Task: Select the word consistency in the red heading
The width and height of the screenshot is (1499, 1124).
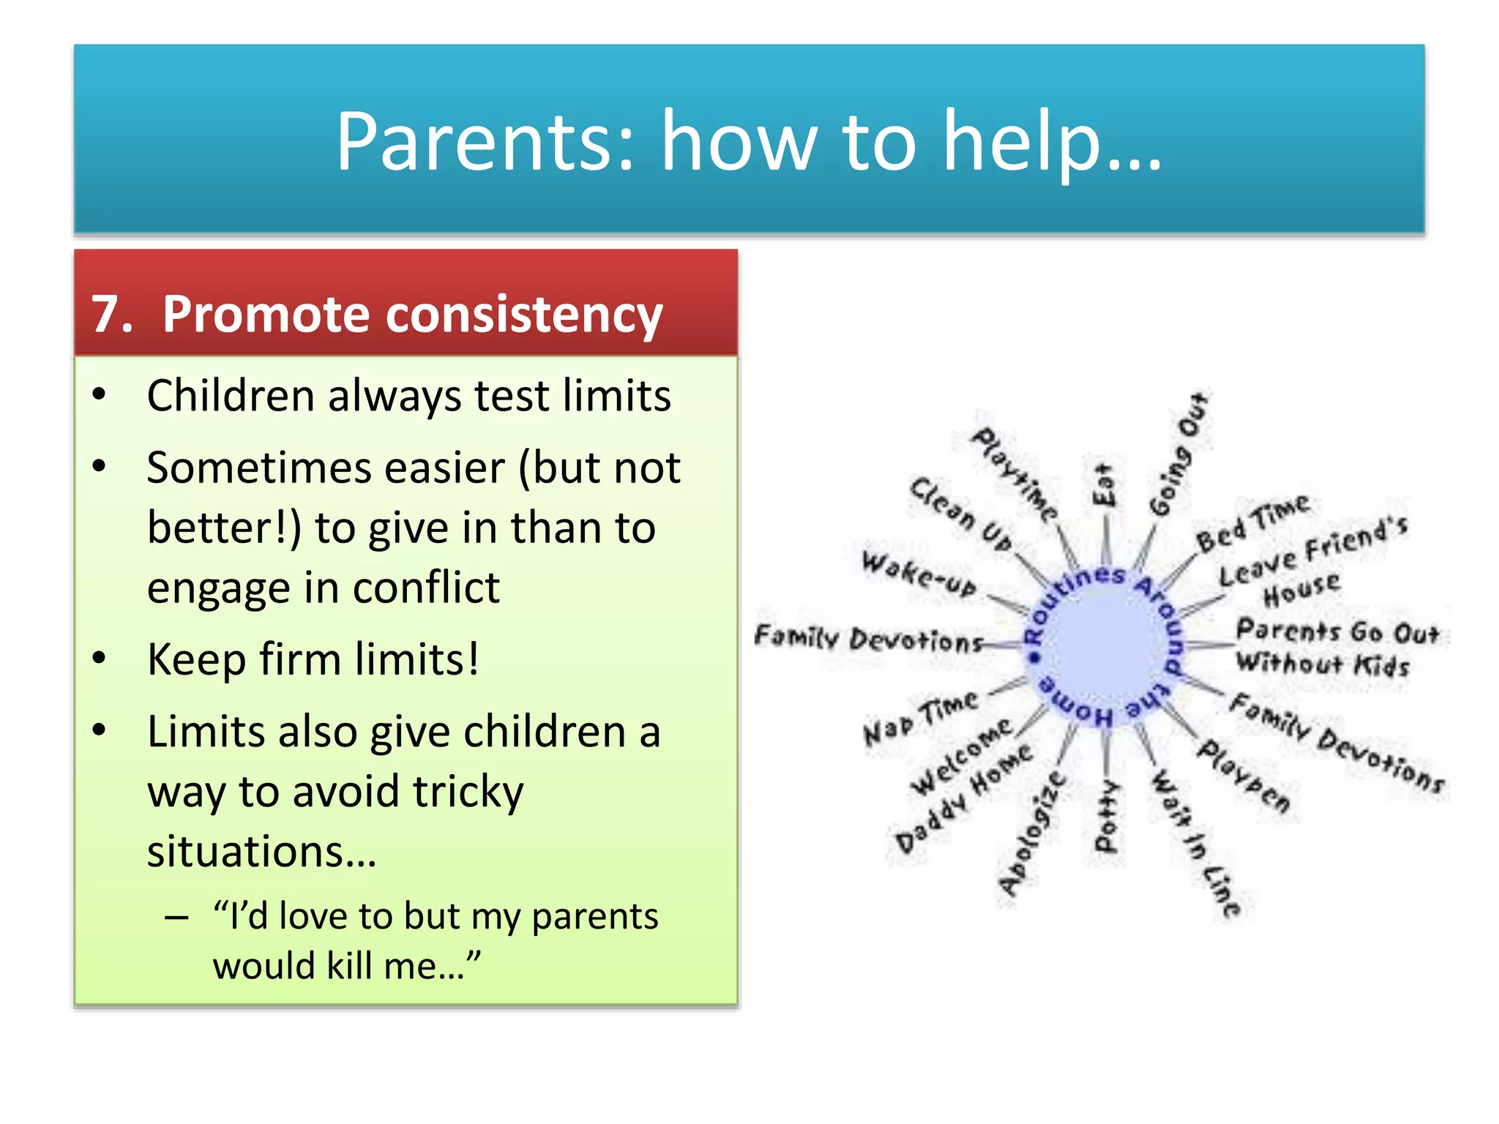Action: [x=523, y=315]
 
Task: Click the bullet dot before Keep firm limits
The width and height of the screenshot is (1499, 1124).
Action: [x=100, y=658]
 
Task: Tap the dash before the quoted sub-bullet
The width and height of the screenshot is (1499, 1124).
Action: [x=176, y=918]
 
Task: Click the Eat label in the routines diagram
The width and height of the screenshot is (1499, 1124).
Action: [x=1104, y=484]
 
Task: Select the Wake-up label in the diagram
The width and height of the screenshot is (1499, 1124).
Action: [x=919, y=574]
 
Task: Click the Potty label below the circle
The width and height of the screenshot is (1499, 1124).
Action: [x=1106, y=816]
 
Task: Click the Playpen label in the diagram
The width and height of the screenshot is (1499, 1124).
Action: [x=1244, y=776]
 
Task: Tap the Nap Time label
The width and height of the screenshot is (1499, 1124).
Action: [x=920, y=717]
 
